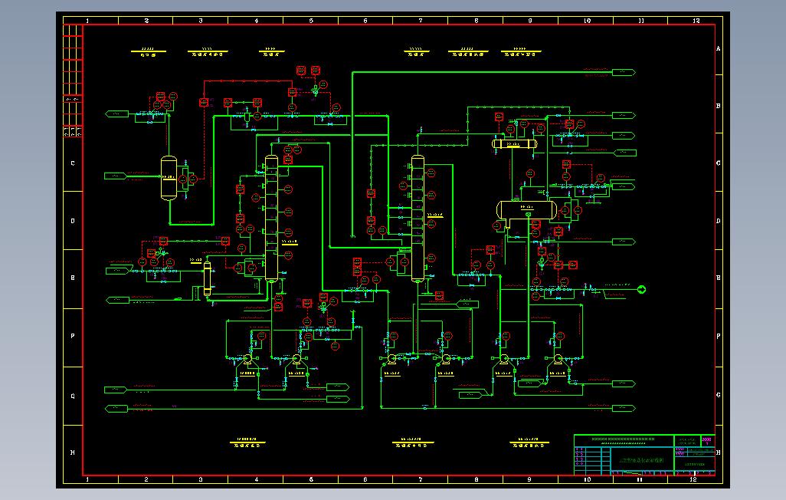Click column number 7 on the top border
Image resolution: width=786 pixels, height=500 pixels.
tap(420, 20)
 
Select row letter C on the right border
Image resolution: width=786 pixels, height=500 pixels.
tap(718, 163)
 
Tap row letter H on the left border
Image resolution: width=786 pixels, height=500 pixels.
tap(73, 452)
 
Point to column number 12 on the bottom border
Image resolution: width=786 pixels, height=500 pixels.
tap(694, 479)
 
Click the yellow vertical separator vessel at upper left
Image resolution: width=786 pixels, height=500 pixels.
tap(169, 178)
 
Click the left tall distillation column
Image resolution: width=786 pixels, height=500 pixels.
tap(270, 219)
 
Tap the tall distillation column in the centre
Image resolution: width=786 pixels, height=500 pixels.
tap(417, 219)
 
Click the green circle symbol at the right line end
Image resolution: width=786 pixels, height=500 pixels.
tap(641, 289)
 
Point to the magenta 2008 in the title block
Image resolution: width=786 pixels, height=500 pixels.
tap(706, 440)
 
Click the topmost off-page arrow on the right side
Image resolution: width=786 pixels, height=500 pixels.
tap(624, 72)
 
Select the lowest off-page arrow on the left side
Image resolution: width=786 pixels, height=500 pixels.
tap(116, 409)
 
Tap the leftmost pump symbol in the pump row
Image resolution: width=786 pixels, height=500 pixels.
tap(247, 358)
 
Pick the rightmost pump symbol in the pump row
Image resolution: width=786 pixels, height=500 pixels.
tap(557, 358)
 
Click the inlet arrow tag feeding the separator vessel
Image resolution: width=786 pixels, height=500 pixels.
tap(115, 176)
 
